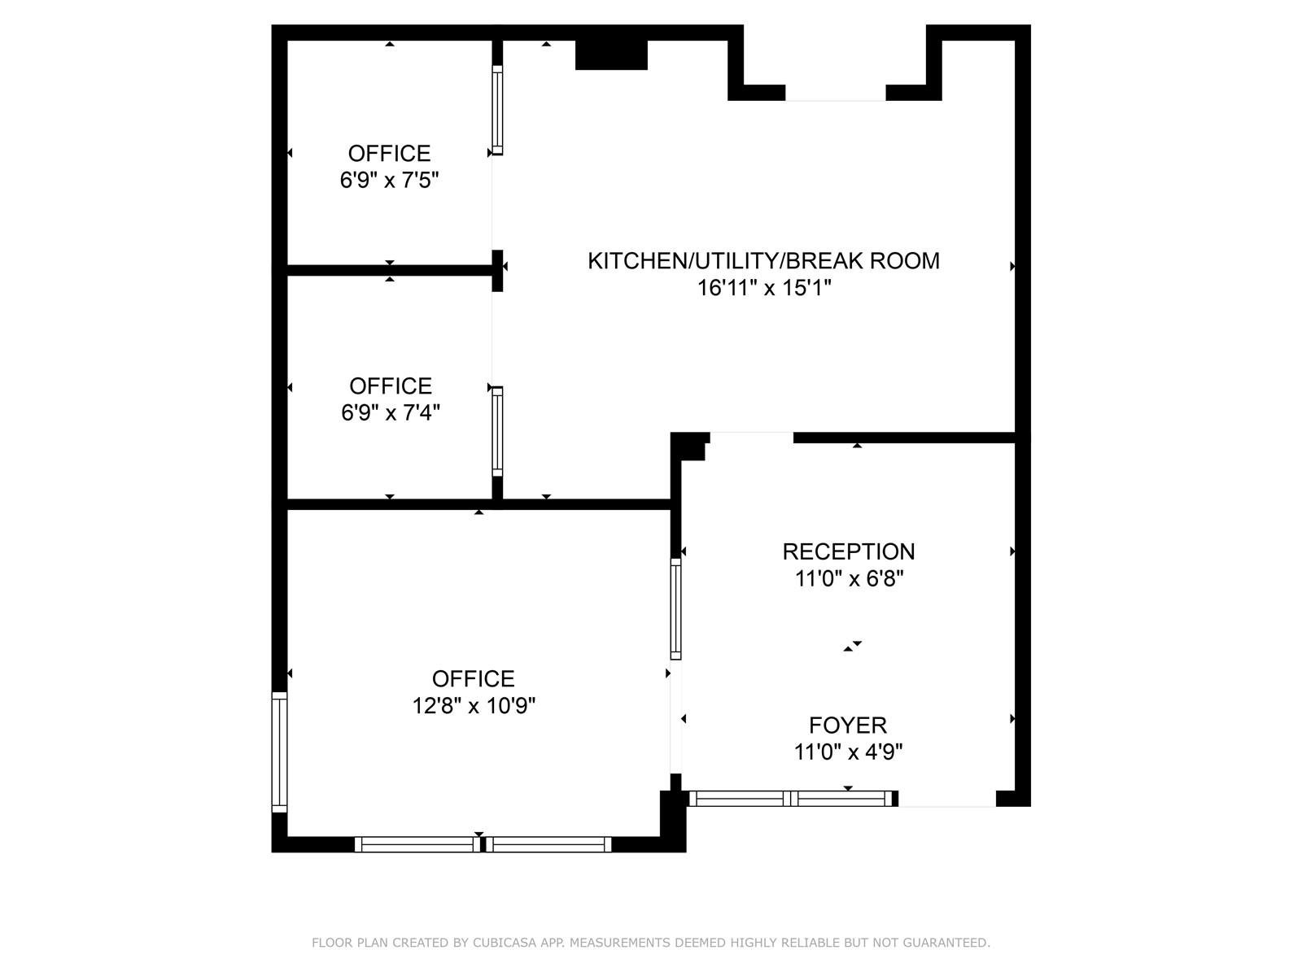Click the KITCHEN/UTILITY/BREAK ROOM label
(x=763, y=261)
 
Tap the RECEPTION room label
(x=848, y=551)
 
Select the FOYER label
(x=848, y=725)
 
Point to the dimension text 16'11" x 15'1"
(x=764, y=288)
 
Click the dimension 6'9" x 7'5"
(x=389, y=181)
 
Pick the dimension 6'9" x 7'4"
(x=391, y=413)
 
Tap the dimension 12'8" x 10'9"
(x=474, y=705)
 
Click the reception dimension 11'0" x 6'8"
(x=849, y=579)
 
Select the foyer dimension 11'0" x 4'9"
(x=848, y=752)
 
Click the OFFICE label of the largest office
(x=473, y=678)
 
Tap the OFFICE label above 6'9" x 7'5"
(x=389, y=153)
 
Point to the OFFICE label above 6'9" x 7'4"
(x=391, y=386)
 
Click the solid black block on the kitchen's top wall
(x=611, y=54)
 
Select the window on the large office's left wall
(x=279, y=752)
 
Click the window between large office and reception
(x=675, y=608)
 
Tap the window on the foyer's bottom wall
(x=791, y=799)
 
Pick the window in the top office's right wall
(x=497, y=110)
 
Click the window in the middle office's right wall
(x=497, y=431)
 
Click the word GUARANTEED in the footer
(x=948, y=943)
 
